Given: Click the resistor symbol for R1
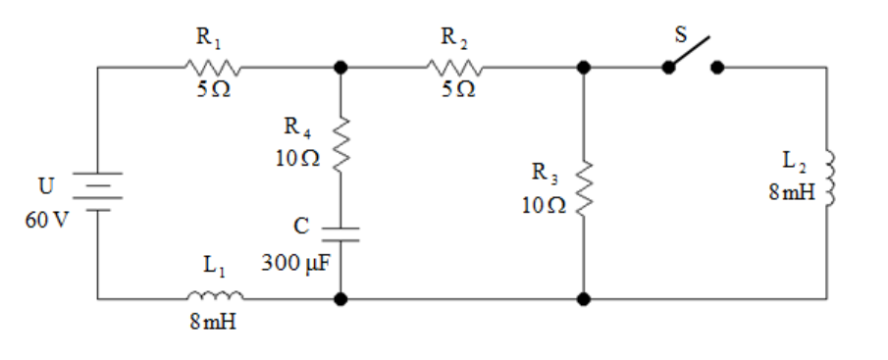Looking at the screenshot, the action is (x=212, y=68).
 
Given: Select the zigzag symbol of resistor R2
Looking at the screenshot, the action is (x=454, y=68).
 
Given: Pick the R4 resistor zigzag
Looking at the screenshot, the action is (x=340, y=145).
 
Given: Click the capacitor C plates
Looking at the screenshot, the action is (x=340, y=234).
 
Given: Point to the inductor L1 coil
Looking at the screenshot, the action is (x=215, y=294).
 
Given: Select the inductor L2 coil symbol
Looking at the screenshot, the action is (x=830, y=179).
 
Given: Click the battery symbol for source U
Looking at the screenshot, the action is (x=97, y=191).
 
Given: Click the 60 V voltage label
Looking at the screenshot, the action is (x=46, y=220).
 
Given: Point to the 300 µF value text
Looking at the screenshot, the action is (x=295, y=263).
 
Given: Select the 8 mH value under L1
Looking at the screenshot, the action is (x=213, y=322).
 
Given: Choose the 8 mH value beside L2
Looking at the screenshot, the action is (x=792, y=192).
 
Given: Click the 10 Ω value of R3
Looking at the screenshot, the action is (x=545, y=205).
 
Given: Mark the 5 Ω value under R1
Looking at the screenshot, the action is (x=214, y=90).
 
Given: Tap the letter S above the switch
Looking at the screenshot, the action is (x=681, y=34).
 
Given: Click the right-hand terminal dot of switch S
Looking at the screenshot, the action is (x=717, y=68).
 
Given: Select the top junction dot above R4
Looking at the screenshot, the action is (x=340, y=68).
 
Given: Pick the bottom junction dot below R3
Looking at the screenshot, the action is (x=584, y=298).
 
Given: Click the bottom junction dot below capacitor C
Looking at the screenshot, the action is (x=340, y=298).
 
